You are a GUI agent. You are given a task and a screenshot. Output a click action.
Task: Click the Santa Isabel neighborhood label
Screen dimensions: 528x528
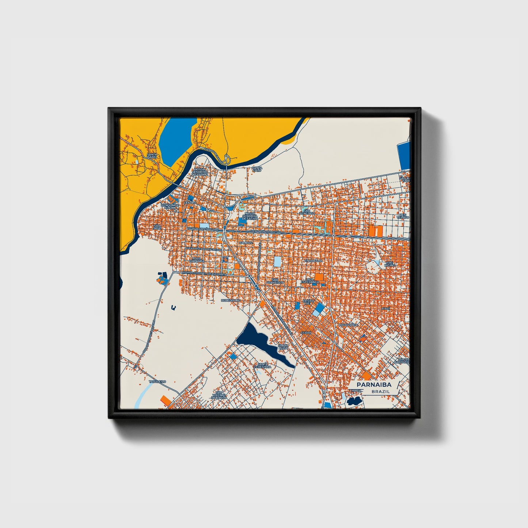[x=152, y=156]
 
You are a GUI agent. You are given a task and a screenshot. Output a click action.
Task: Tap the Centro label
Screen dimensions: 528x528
[x=190, y=202]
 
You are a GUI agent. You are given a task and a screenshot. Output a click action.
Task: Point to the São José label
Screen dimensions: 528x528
[x=157, y=227]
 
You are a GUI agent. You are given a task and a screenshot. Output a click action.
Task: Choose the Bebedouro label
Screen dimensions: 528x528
[x=231, y=300]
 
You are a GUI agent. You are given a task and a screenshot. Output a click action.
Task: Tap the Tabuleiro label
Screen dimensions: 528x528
[x=157, y=381]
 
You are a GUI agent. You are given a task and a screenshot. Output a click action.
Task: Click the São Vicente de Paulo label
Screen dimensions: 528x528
[x=221, y=394]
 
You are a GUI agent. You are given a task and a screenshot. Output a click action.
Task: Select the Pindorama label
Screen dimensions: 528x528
[x=314, y=261]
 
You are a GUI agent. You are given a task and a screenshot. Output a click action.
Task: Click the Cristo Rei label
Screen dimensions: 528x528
[x=308, y=302]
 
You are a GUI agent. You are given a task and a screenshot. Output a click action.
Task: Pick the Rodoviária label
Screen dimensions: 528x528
[x=349, y=324]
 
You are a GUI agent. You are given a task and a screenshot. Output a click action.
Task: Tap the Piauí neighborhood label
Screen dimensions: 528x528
[x=386, y=309]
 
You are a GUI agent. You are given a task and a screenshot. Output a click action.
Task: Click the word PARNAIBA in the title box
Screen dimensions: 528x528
[x=374, y=385]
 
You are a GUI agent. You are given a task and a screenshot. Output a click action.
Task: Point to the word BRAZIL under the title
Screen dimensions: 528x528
[x=380, y=391]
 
